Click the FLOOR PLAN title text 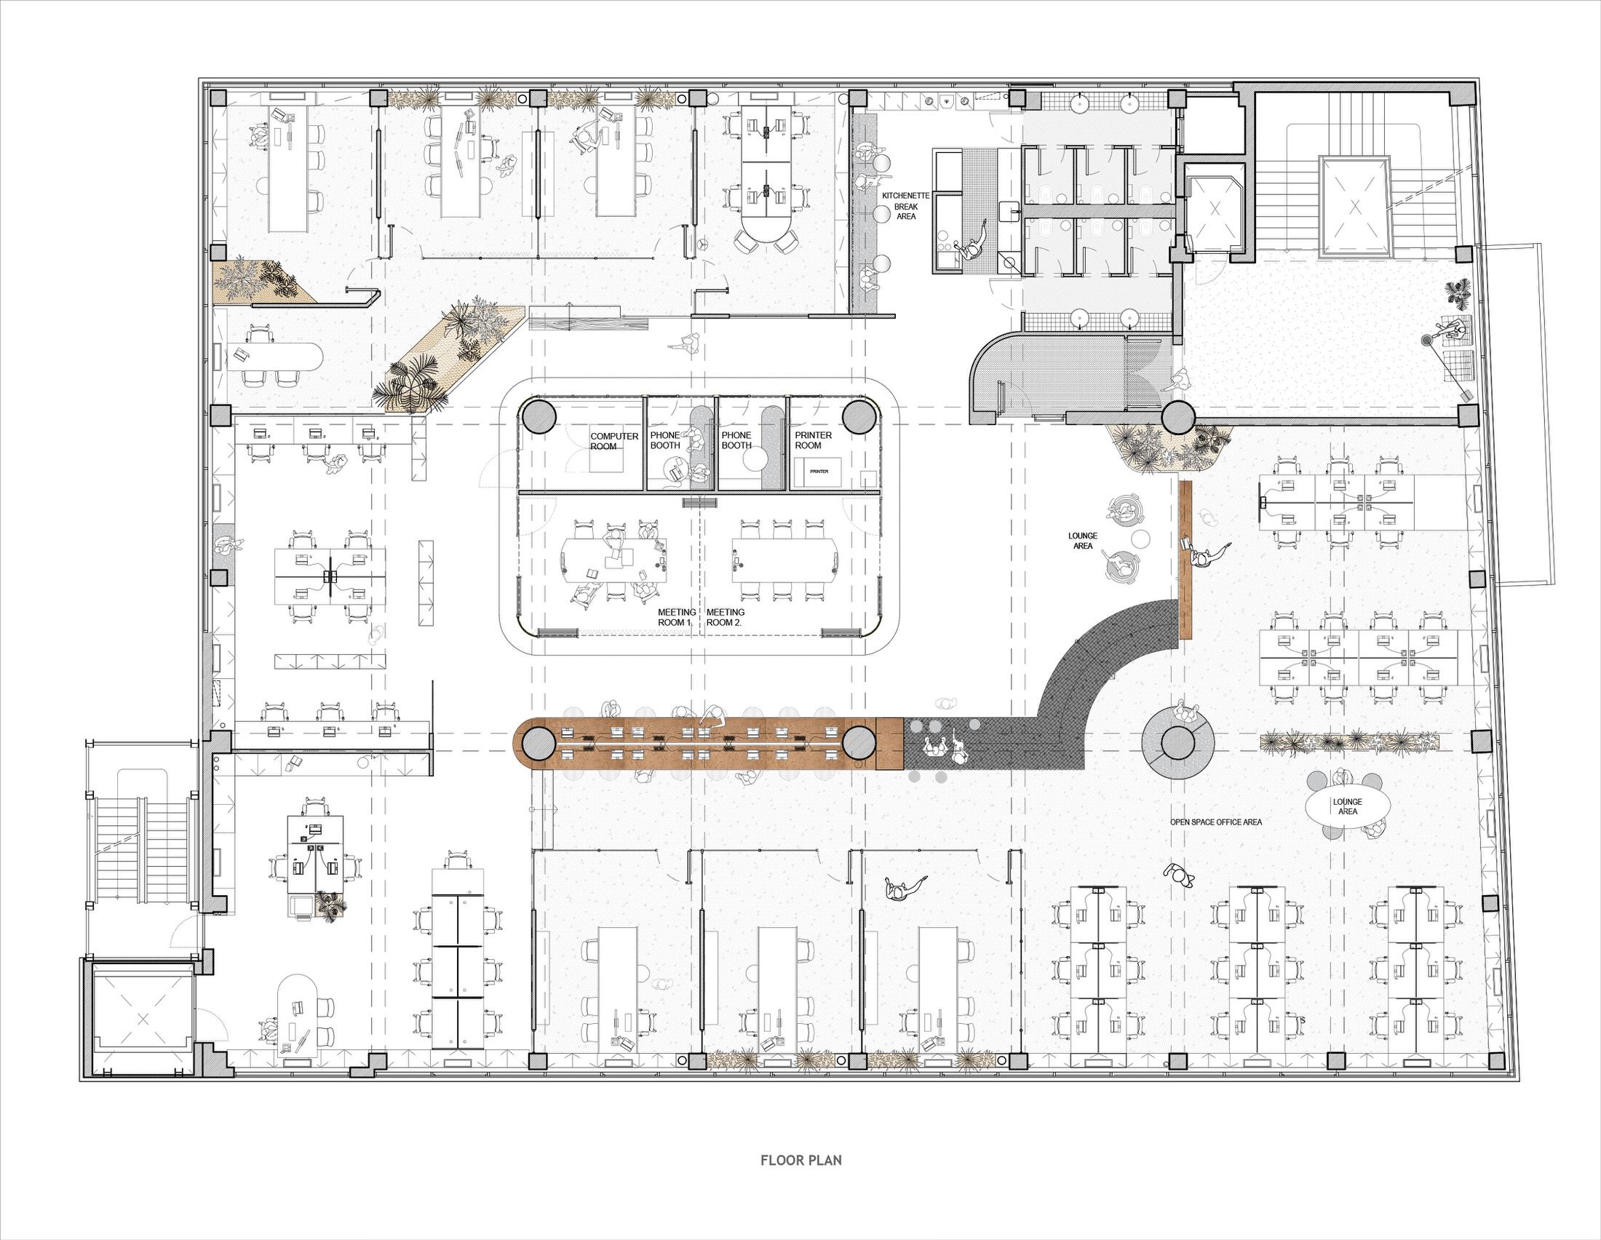coord(800,1159)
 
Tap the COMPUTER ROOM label coord(613,441)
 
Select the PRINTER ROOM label coord(813,440)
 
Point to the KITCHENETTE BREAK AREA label coord(905,206)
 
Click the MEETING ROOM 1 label coord(676,617)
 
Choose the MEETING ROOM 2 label coord(725,617)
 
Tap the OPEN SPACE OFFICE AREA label coord(1216,822)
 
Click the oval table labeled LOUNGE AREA coord(1347,806)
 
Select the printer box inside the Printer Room coord(819,472)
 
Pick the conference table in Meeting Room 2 coord(784,561)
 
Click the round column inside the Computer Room coord(539,416)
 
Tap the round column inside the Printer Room coord(860,416)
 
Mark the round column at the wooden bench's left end coord(539,743)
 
